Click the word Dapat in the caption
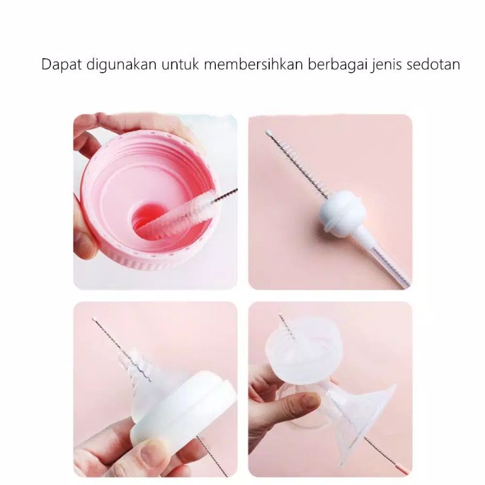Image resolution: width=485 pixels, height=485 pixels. tap(59, 65)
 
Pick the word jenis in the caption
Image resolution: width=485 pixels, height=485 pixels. tap(381, 65)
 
